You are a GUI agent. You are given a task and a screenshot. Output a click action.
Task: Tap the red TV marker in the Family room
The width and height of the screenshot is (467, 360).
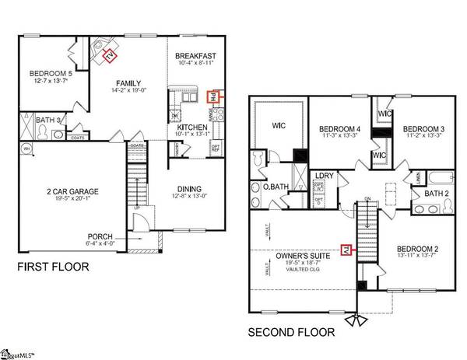110,56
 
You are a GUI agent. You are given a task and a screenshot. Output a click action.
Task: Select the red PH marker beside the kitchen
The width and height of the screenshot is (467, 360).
211,98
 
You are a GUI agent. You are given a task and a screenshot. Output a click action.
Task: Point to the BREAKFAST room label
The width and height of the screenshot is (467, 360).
195,56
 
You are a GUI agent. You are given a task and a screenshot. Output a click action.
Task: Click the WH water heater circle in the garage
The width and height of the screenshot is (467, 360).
26,149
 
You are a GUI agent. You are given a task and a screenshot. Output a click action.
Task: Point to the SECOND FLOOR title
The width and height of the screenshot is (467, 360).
291,333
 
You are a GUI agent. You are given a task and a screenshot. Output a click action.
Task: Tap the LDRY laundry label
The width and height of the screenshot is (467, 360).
324,176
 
